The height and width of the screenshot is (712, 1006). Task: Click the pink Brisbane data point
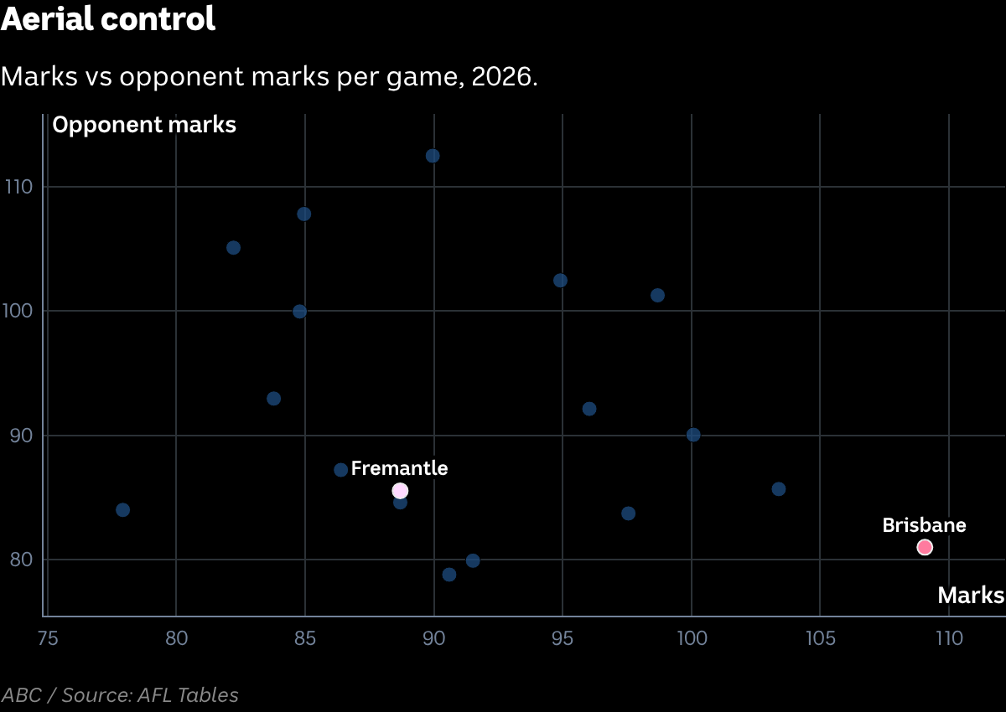coord(925,547)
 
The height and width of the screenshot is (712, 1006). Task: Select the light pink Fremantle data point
coord(400,491)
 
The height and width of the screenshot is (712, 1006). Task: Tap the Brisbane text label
coord(924,525)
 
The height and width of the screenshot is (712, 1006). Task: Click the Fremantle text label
coord(399,468)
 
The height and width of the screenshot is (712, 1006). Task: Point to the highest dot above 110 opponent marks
coord(433,156)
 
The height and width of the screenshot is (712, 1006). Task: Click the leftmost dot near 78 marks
coord(122,510)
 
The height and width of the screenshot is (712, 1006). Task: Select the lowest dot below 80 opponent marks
coord(449,575)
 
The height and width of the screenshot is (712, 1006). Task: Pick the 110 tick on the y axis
coord(18,187)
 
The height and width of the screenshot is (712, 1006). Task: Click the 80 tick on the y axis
coord(21,560)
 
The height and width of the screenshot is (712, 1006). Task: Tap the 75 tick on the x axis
coord(48,638)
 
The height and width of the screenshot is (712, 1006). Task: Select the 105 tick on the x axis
coord(821,638)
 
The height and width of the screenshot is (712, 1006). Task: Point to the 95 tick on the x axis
coord(563,638)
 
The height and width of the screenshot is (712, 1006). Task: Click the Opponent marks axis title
coord(144,125)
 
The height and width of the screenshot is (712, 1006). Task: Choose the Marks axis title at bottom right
coord(971,596)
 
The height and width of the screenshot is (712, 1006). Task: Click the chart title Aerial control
coord(108,18)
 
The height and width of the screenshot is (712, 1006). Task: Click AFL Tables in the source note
coord(188,695)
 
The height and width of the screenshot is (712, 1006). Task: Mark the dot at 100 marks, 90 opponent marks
coord(693,435)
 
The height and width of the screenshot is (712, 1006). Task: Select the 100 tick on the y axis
coord(18,311)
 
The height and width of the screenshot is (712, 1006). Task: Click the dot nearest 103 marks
coord(779,489)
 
